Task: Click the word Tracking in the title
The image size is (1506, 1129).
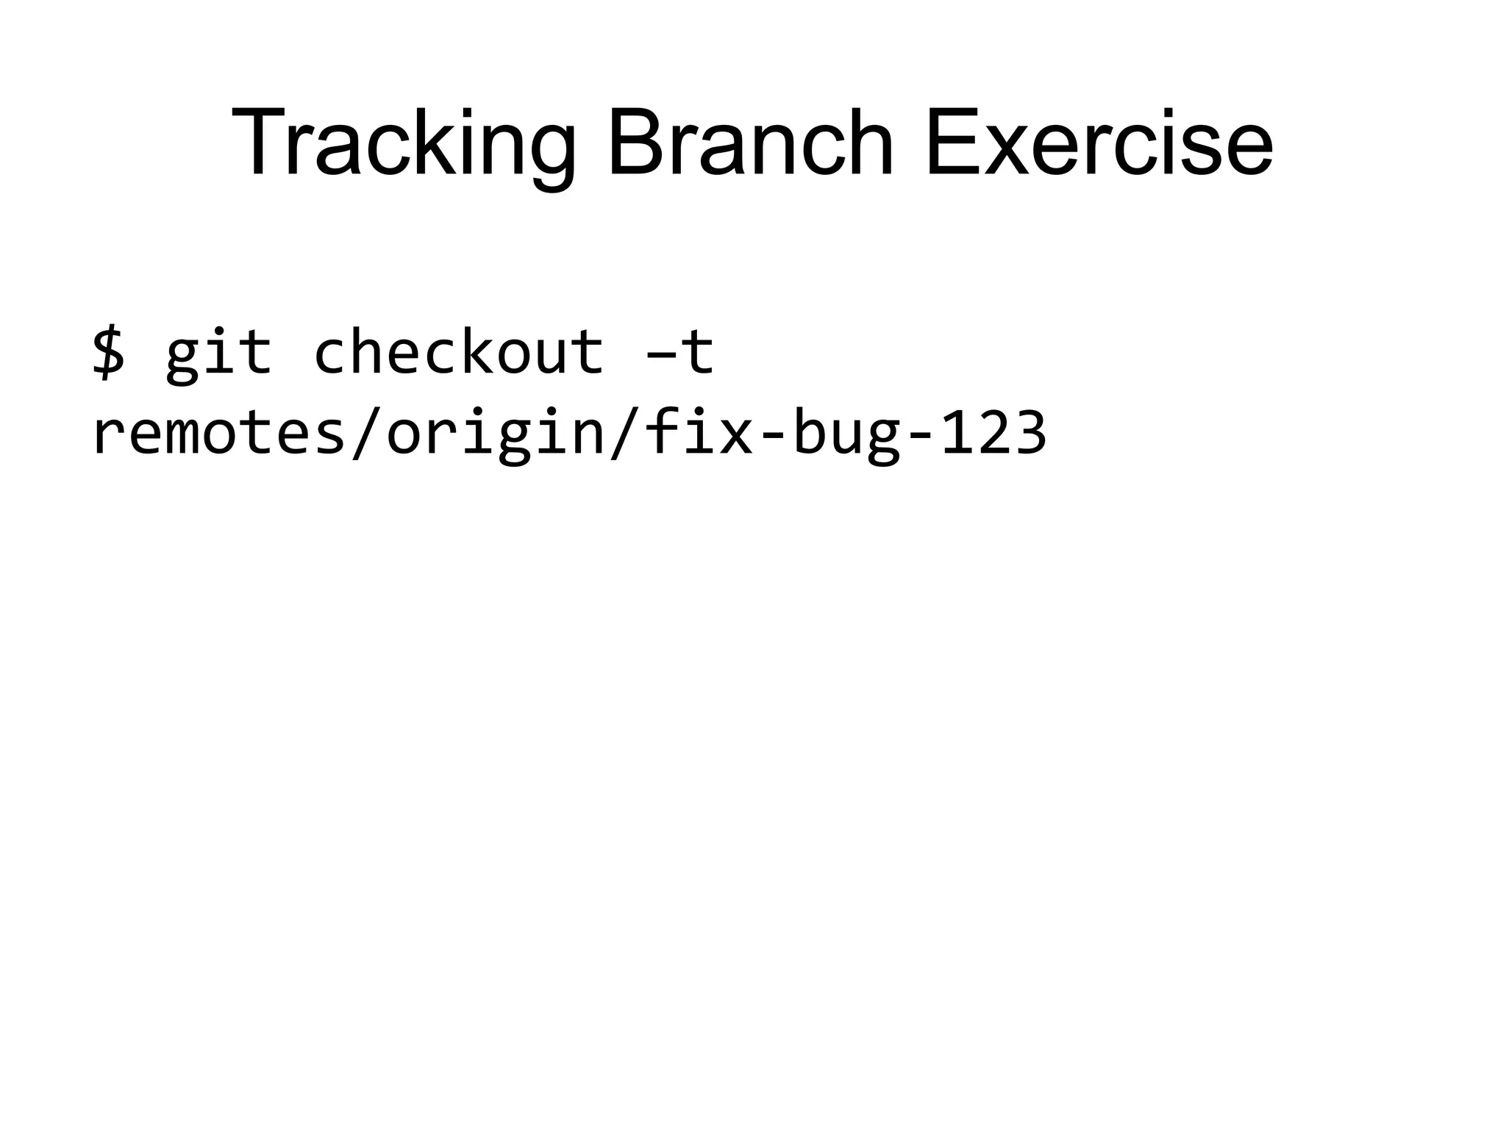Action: click(x=403, y=143)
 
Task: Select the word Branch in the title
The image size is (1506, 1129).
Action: click(x=750, y=143)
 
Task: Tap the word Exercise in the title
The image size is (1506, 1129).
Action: click(x=1099, y=143)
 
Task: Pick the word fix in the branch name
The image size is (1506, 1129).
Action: click(x=698, y=434)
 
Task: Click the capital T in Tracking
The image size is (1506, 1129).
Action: click(x=257, y=143)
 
